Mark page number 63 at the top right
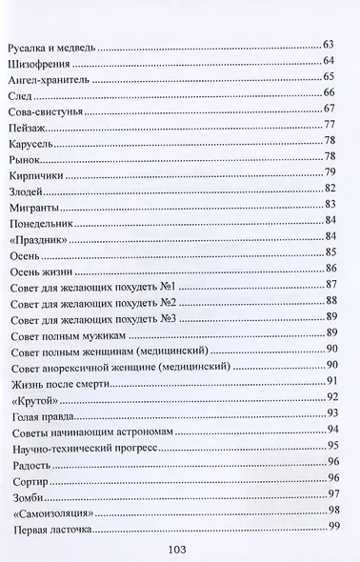tap(330, 45)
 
